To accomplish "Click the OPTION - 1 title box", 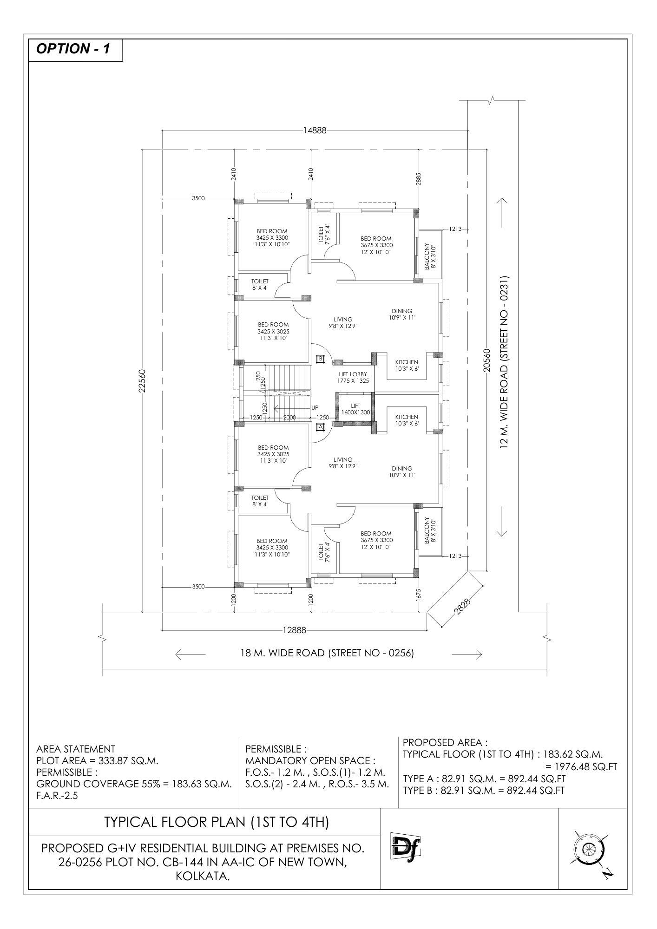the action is click(x=76, y=50).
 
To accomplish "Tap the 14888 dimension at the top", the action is click(x=315, y=131).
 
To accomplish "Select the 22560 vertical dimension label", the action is click(x=142, y=381).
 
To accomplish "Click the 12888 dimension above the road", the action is click(x=294, y=630).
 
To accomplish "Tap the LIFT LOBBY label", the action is click(x=353, y=377).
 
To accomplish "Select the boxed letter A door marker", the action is click(x=320, y=426).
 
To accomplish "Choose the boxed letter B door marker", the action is click(x=320, y=359).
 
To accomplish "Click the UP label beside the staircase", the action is click(x=315, y=407).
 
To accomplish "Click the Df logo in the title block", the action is click(x=402, y=848).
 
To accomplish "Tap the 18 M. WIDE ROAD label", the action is click(x=327, y=653).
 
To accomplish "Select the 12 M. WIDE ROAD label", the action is click(x=505, y=362).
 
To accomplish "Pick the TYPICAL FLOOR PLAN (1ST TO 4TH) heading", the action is click(x=217, y=822).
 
